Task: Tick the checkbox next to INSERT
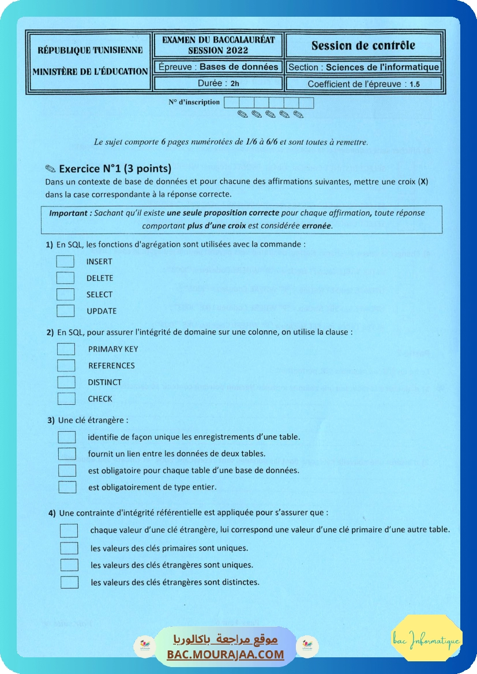[x=66, y=261]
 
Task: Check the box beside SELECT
[x=66, y=295]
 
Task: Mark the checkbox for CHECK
[x=67, y=398]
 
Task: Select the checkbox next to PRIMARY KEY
[x=67, y=349]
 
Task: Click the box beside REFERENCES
[x=67, y=366]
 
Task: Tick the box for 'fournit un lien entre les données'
[x=67, y=454]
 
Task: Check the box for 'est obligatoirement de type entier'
[x=67, y=487]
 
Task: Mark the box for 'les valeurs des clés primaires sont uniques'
[x=69, y=548]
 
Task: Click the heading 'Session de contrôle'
[x=363, y=46]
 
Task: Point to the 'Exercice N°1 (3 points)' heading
[x=115, y=169]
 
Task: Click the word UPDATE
[x=102, y=311]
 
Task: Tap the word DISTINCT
[x=105, y=382]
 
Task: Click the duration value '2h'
[x=235, y=84]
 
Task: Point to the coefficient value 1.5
[x=415, y=84]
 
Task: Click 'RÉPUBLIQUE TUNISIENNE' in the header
[x=90, y=50]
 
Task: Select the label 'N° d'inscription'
[x=194, y=102]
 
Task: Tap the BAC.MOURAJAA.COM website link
[x=226, y=654]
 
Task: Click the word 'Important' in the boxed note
[x=69, y=213]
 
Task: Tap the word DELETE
[x=100, y=278]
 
